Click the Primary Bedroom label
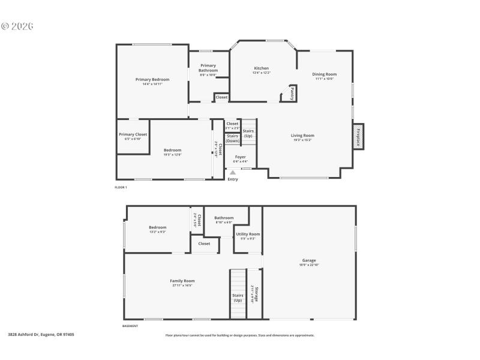pos(152,80)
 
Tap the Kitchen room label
pos(261,68)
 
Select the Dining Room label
pos(324,74)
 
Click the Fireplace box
pos(358,137)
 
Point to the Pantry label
pos(292,94)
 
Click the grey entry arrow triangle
pos(233,173)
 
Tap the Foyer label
pos(240,157)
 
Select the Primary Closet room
pos(133,135)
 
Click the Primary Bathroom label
pos(208,68)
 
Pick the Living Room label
pos(302,136)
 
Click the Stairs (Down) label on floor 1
pos(232,139)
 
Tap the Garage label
pos(308,260)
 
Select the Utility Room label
pos(247,234)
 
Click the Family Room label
pos(182,281)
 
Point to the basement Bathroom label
pos(224,218)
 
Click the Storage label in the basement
pos(256,295)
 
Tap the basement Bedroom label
pos(157,227)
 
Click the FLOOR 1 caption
pos(121,187)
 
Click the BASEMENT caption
pos(130,326)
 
